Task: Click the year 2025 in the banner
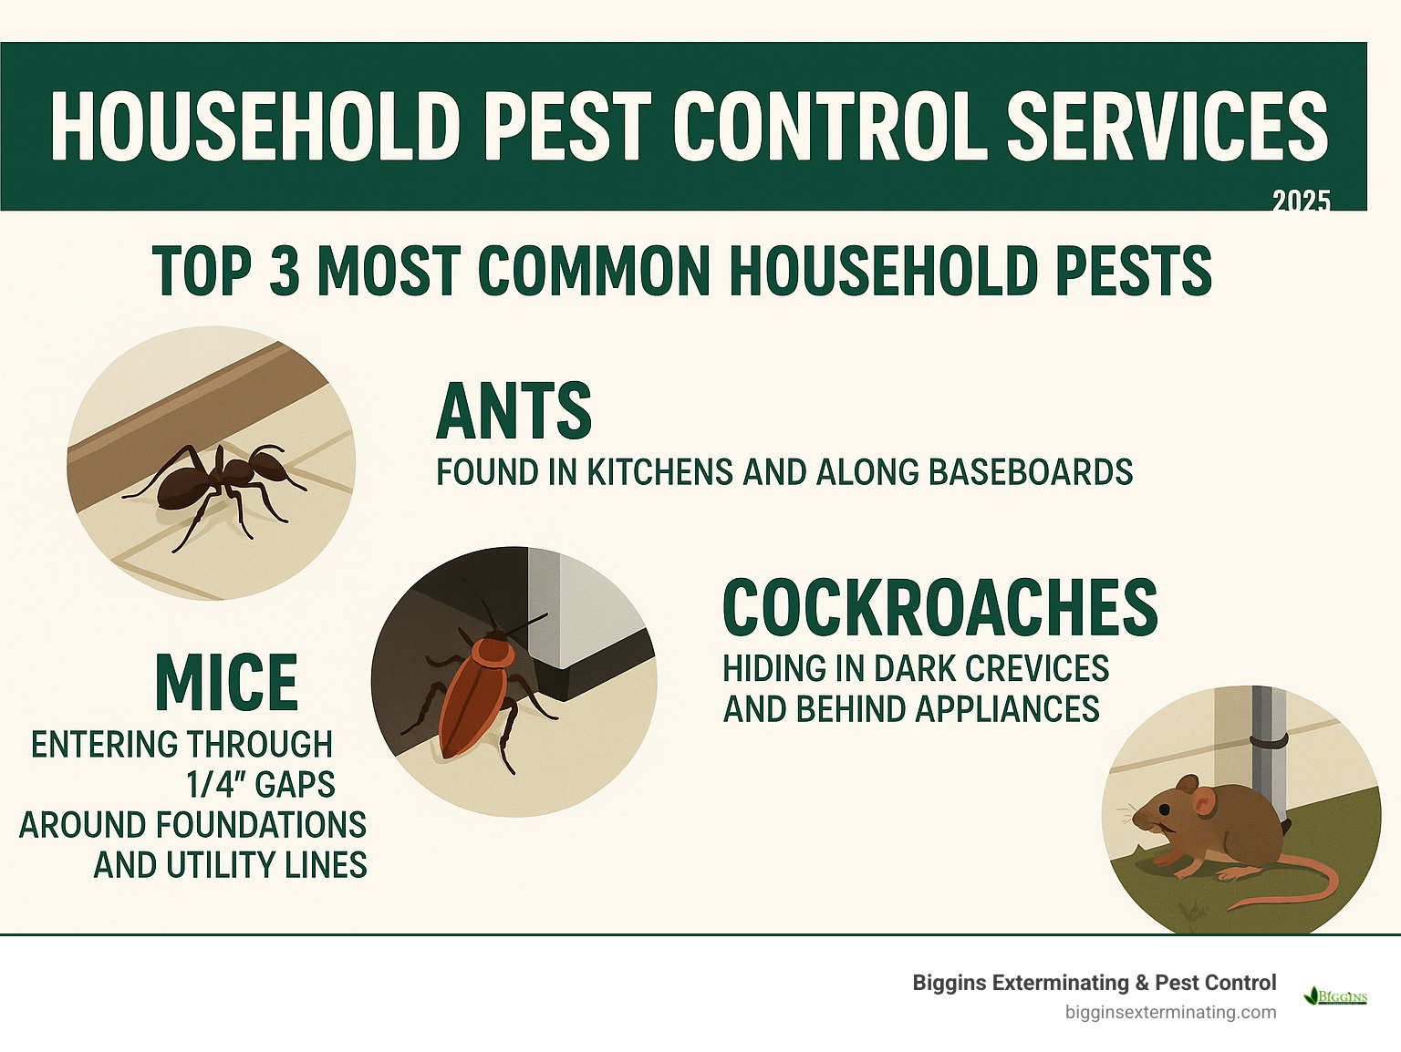pyautogui.click(x=1301, y=201)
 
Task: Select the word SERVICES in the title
pyautogui.click(x=1167, y=127)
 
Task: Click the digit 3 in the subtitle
pyautogui.click(x=285, y=271)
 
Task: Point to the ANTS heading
pyautogui.click(x=514, y=411)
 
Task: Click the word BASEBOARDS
pyautogui.click(x=1031, y=472)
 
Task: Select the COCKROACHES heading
pyautogui.click(x=939, y=608)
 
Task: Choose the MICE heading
pyautogui.click(x=227, y=683)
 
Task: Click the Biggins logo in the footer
pyautogui.click(x=1336, y=996)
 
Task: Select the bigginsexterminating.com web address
pyautogui.click(x=1170, y=1012)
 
